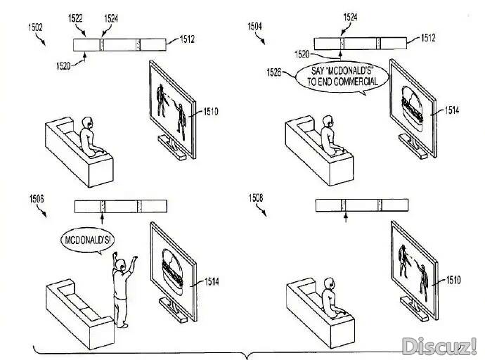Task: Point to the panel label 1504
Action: pyautogui.click(x=255, y=26)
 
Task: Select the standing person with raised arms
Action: pyautogui.click(x=122, y=288)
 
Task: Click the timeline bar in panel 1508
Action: pyautogui.click(x=362, y=205)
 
